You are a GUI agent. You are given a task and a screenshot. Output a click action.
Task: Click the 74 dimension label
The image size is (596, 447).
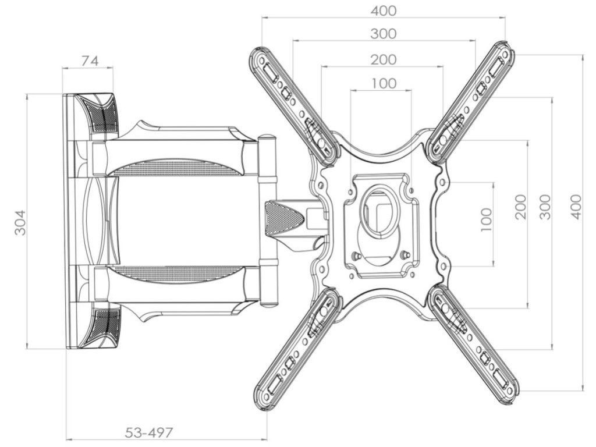point(90,61)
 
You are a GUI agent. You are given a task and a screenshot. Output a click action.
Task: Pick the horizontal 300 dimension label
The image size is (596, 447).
point(383,34)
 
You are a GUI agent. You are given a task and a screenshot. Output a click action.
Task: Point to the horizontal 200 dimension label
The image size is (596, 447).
point(383,59)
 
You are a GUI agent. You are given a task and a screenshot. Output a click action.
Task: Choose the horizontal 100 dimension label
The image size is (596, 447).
point(382,83)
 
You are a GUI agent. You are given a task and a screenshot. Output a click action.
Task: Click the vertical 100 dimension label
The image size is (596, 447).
point(487,219)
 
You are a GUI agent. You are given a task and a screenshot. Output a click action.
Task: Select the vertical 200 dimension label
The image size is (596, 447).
point(520,206)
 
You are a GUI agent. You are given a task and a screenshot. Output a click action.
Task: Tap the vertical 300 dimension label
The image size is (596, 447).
point(545,206)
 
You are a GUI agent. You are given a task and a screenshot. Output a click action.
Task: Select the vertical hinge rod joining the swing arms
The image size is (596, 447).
point(267,221)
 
